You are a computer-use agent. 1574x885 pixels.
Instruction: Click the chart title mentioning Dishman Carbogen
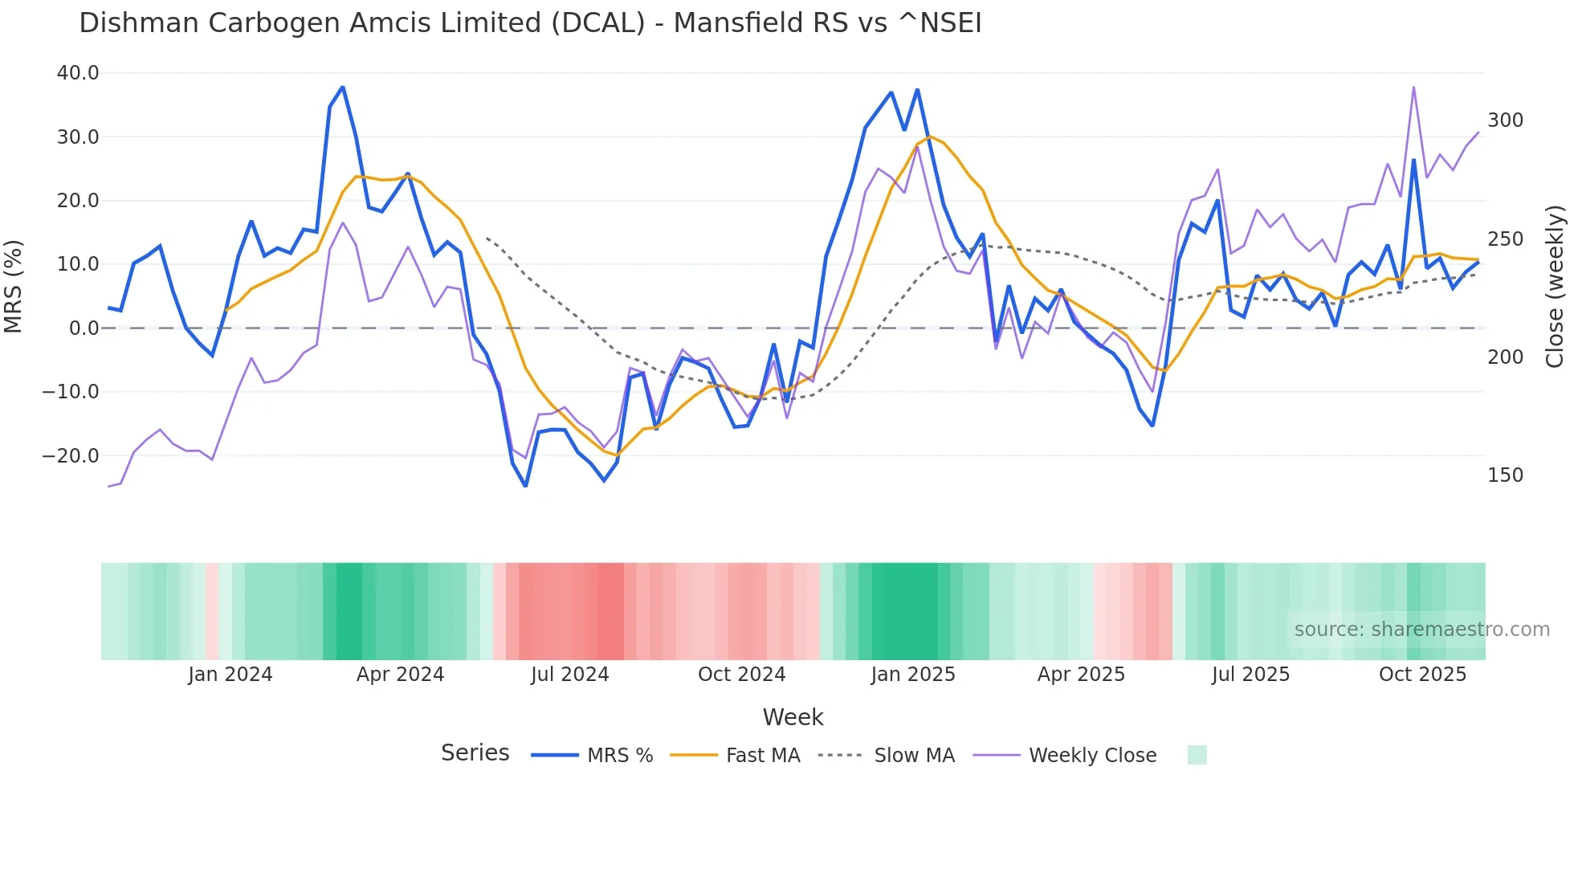pyautogui.click(x=530, y=23)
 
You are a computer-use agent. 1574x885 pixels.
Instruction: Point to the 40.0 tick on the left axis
pyautogui.click(x=78, y=73)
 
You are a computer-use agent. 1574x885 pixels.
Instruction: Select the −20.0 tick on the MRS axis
pyautogui.click(x=71, y=456)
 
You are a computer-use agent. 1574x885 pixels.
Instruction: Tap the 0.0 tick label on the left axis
pyautogui.click(x=84, y=328)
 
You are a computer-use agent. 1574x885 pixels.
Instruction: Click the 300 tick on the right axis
pyautogui.click(x=1505, y=120)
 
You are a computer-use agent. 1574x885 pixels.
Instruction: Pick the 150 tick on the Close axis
pyautogui.click(x=1505, y=475)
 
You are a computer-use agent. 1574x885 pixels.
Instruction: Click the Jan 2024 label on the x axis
pyautogui.click(x=230, y=675)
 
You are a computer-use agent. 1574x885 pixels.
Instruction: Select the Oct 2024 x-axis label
pyautogui.click(x=741, y=675)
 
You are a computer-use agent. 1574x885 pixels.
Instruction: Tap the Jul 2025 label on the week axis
pyautogui.click(x=1250, y=675)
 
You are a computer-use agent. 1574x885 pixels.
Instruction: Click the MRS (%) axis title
pyautogui.click(x=14, y=286)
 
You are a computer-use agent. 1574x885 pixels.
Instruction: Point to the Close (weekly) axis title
pyautogui.click(x=1555, y=286)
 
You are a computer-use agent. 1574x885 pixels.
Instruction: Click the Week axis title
pyautogui.click(x=793, y=717)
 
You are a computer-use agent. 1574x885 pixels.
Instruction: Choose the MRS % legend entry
pyautogui.click(x=593, y=756)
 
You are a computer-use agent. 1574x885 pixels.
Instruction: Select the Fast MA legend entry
pyautogui.click(x=735, y=756)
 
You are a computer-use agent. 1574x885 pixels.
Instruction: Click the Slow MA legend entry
pyautogui.click(x=887, y=756)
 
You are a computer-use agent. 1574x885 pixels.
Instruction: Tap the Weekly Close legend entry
pyautogui.click(x=1065, y=756)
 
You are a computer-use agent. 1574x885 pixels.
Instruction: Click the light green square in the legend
pyautogui.click(x=1197, y=755)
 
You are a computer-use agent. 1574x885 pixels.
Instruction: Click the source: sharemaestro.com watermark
pyautogui.click(x=1421, y=630)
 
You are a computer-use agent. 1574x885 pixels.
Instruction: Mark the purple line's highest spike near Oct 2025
pyautogui.click(x=1413, y=88)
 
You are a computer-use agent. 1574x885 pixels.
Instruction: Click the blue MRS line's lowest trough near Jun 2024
pyautogui.click(x=525, y=486)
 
